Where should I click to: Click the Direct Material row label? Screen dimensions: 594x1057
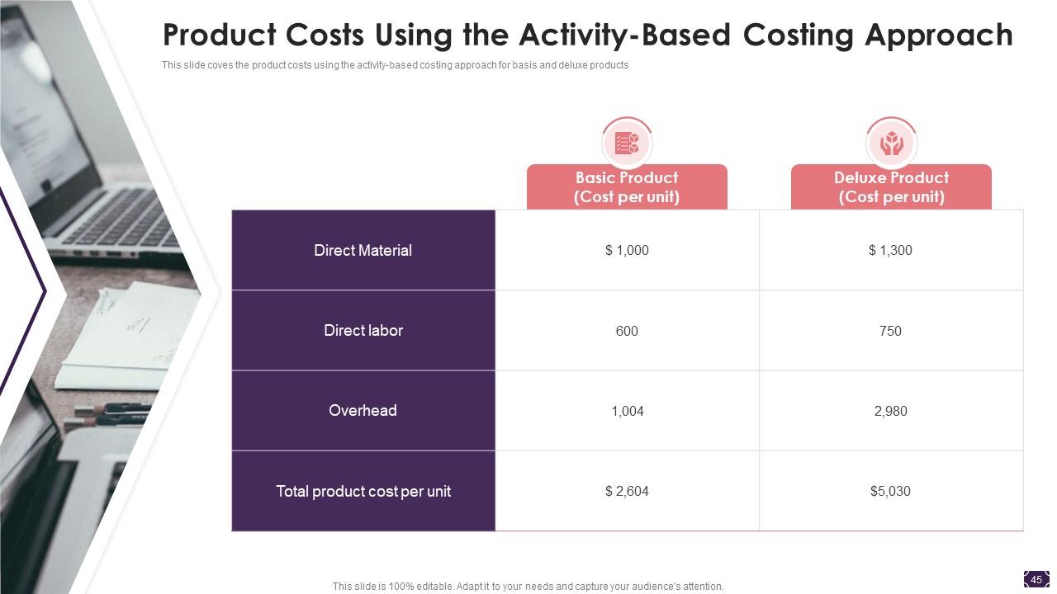[363, 250]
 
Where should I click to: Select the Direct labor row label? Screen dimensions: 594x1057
[363, 330]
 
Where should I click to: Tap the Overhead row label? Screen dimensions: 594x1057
[363, 410]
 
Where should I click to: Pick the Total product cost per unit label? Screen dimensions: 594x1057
[363, 491]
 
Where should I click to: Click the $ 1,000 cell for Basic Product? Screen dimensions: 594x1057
[627, 250]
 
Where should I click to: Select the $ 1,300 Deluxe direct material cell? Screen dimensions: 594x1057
[890, 250]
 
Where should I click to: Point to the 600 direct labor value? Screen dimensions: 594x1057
[627, 331]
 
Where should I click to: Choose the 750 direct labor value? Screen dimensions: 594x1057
[890, 331]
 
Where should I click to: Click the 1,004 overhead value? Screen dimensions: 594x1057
[627, 411]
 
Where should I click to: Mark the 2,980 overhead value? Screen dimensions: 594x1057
[890, 411]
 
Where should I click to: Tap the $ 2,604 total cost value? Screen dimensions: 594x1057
[627, 491]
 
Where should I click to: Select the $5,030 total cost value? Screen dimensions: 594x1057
[890, 491]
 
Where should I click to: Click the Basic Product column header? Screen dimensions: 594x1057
[627, 187]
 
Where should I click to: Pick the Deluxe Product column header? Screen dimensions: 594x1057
[891, 187]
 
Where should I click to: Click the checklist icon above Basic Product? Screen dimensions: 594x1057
[627, 144]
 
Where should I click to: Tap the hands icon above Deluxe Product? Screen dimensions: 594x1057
[891, 144]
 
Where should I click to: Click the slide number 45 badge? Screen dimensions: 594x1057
[1036, 579]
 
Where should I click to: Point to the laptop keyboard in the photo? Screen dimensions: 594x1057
[124, 219]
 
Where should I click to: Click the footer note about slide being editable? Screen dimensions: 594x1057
[528, 587]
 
